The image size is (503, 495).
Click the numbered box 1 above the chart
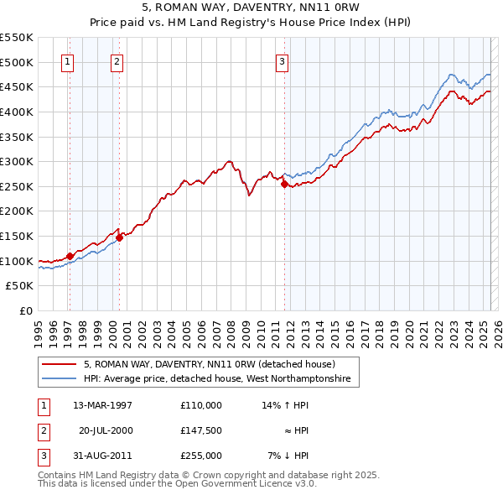66,60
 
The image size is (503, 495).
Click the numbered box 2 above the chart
117,60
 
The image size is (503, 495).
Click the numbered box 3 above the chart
283,60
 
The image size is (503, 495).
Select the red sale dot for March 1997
70,256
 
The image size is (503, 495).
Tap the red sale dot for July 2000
119,237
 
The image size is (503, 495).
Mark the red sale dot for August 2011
284,184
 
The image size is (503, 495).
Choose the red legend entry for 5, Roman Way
210,364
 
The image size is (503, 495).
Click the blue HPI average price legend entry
221,379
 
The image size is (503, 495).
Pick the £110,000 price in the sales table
201,405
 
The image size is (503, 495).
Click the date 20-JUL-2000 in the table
106,430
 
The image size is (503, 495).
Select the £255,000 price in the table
201,456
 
